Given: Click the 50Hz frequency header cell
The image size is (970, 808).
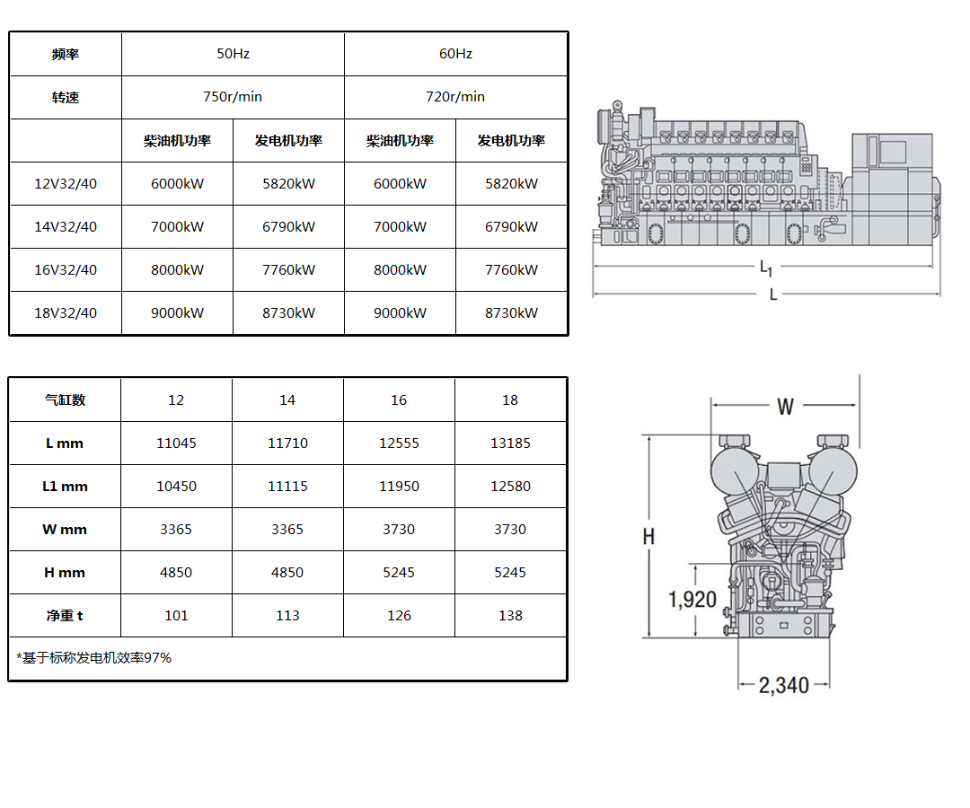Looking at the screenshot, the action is [x=233, y=54].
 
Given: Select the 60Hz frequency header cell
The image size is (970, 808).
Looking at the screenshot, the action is [x=455, y=54].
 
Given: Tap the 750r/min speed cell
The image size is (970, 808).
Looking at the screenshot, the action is [x=233, y=97].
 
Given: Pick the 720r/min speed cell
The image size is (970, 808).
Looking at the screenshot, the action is [x=455, y=97].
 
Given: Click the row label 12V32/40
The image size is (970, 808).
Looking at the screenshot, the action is [x=66, y=184].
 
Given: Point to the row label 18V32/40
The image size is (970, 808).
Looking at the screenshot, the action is [x=66, y=312].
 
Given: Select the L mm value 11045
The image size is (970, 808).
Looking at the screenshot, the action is [x=176, y=444].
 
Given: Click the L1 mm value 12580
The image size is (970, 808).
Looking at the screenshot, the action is [x=510, y=487].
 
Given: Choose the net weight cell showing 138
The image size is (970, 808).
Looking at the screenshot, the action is [x=510, y=616].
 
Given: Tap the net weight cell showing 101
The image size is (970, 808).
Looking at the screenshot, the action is [x=176, y=616].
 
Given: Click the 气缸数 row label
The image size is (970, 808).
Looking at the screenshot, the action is [x=65, y=400].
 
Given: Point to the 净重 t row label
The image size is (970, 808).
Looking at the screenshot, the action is [x=65, y=616].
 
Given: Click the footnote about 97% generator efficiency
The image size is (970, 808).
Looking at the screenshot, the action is [x=94, y=658].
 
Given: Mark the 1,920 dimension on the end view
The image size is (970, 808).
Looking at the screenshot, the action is [x=692, y=599].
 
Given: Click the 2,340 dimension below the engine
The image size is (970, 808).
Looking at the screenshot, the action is [x=784, y=685].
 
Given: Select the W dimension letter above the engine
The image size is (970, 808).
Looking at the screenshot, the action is [x=785, y=406].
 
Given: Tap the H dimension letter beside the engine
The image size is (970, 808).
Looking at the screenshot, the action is [x=648, y=537].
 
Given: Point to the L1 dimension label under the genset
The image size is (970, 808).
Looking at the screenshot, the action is [x=766, y=268].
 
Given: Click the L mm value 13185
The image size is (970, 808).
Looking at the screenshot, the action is [x=510, y=444].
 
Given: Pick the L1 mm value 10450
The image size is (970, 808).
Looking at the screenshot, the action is [x=176, y=487].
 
